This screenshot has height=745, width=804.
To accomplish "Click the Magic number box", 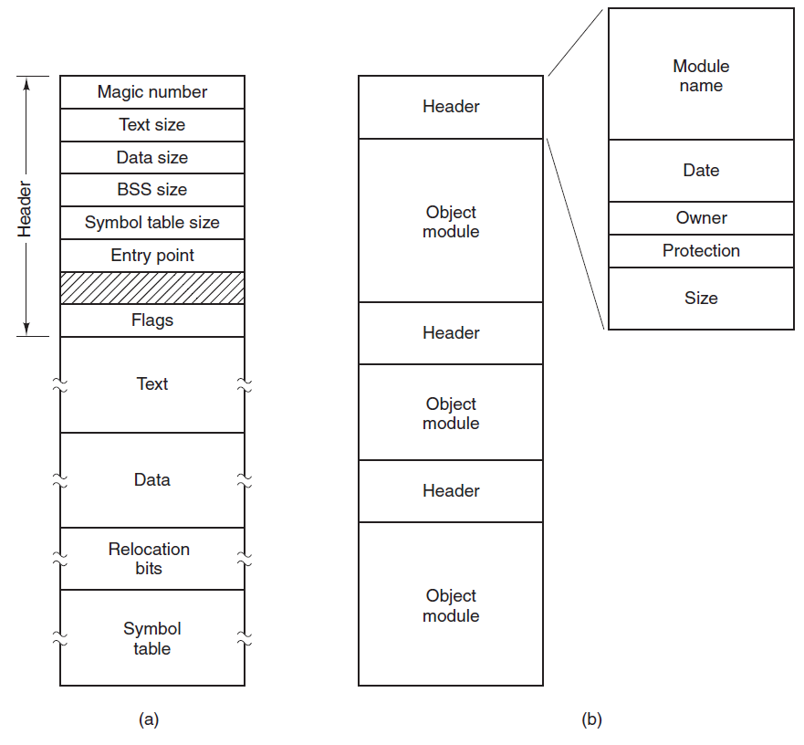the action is click(x=152, y=92).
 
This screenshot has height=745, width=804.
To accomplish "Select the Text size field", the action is click(x=152, y=125).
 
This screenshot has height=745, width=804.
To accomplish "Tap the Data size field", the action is click(x=152, y=158).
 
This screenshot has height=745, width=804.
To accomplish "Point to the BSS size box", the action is click(x=152, y=190).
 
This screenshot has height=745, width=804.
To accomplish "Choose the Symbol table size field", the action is click(x=152, y=223).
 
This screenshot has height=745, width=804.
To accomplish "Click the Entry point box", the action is click(x=152, y=256).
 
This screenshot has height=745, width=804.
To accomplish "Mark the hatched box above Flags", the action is click(x=152, y=288).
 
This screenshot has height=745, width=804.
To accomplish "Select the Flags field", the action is click(x=152, y=320).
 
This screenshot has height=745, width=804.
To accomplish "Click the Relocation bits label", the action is click(x=149, y=559).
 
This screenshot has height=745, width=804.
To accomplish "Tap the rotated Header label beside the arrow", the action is click(x=24, y=209).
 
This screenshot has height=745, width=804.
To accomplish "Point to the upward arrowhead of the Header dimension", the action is click(x=26, y=82).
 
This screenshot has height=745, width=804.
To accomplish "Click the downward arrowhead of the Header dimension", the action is click(x=26, y=329).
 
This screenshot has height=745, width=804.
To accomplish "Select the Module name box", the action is click(x=701, y=74).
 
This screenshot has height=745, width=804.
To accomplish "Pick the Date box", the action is click(x=701, y=171).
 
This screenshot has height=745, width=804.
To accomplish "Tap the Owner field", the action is click(x=701, y=218).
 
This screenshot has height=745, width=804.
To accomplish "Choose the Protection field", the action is click(x=701, y=251).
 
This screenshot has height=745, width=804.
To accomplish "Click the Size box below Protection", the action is click(x=701, y=299).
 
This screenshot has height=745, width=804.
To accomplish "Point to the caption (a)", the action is click(x=149, y=719).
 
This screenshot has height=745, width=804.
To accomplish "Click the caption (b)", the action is click(x=591, y=719).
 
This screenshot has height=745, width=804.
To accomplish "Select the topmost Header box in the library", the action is click(x=451, y=107).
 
